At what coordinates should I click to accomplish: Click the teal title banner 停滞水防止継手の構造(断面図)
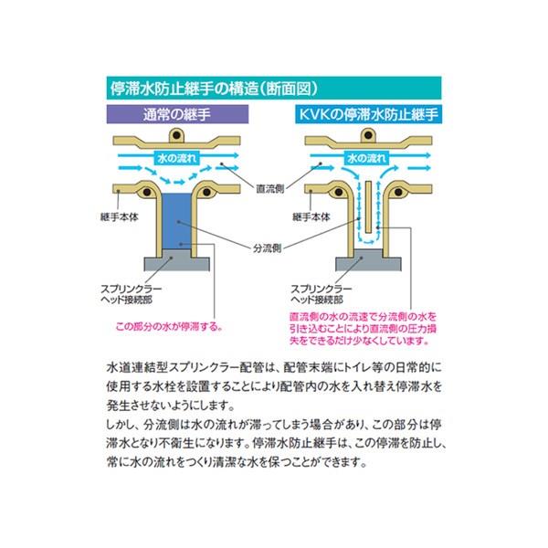274,88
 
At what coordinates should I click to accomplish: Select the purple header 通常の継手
177,114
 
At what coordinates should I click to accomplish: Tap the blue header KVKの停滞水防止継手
368,114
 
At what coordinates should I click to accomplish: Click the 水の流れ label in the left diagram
177,158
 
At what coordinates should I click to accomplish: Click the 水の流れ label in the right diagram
367,158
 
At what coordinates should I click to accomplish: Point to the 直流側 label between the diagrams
269,189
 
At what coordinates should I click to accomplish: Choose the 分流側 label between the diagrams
267,248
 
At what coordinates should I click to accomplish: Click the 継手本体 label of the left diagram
119,217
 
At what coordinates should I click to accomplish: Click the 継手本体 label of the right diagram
311,217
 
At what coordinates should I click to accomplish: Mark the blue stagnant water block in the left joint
177,221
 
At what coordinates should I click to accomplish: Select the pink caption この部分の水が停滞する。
169,327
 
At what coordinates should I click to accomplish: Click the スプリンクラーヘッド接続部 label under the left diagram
131,294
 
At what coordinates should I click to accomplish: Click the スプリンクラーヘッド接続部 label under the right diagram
321,294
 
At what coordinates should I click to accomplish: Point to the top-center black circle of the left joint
177,134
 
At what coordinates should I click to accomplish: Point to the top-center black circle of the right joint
368,134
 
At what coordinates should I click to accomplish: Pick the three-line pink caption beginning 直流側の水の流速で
364,329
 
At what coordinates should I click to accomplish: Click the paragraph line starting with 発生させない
171,406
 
